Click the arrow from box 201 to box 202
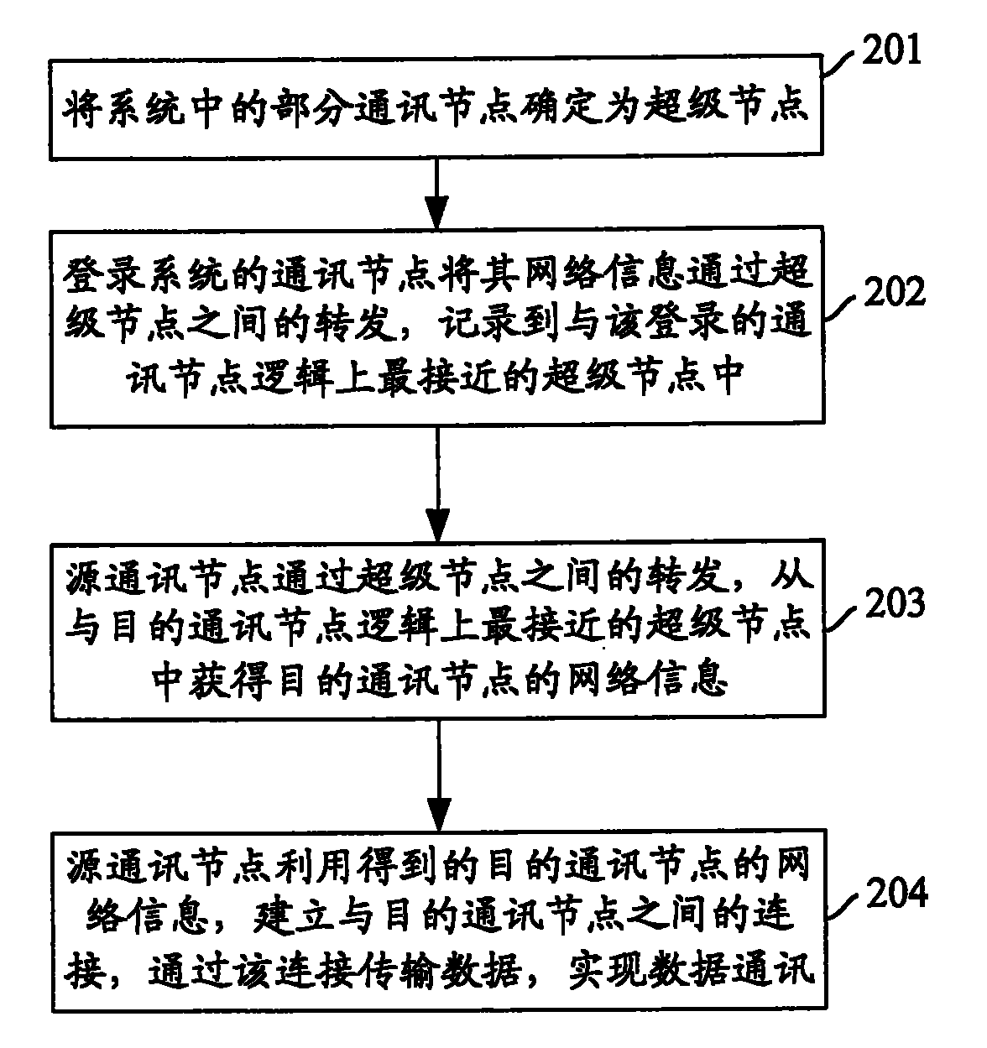coord(437,191)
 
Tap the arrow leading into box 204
coord(437,776)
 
